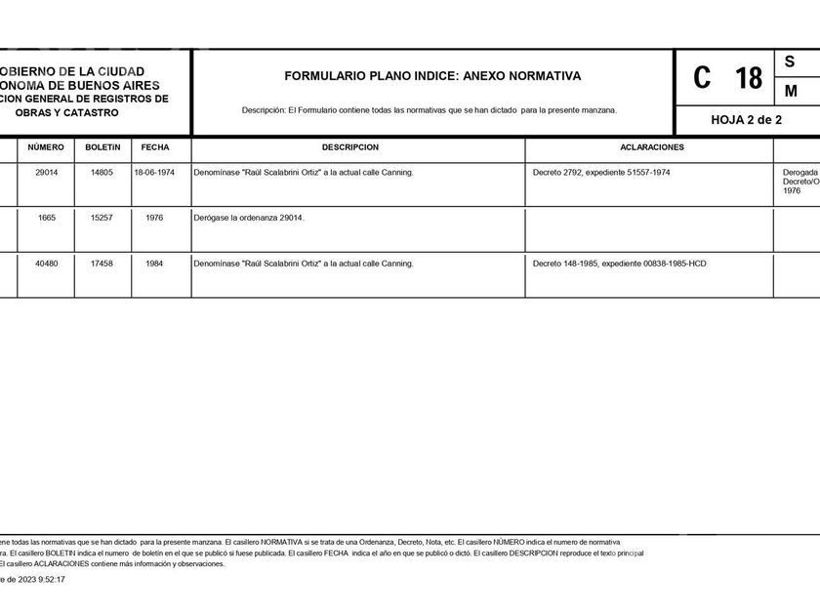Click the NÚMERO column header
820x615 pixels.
point(46,147)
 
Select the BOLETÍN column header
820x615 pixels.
point(102,147)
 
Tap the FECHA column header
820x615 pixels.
point(154,147)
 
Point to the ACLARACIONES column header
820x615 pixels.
point(652,147)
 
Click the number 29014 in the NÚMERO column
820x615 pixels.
point(47,173)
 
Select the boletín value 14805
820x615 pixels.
point(102,173)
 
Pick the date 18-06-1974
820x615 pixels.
point(154,173)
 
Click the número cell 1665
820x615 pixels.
point(47,218)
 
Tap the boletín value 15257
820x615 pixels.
point(102,218)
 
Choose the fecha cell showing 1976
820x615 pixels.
point(154,218)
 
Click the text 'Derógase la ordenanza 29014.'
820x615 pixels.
point(250,218)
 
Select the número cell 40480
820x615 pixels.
point(47,264)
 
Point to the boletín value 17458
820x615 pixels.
point(102,264)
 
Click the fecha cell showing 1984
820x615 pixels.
point(154,264)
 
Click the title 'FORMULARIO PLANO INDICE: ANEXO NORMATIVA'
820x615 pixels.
point(432,75)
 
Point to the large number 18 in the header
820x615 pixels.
point(749,78)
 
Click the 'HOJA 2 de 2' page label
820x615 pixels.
point(747,120)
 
